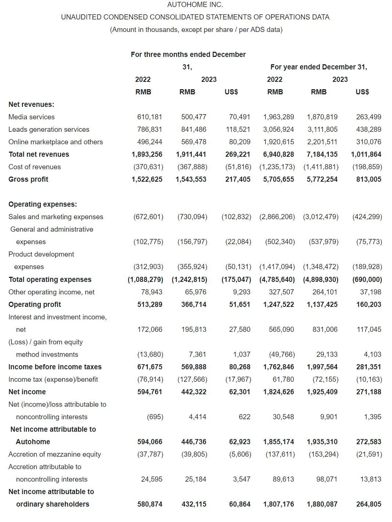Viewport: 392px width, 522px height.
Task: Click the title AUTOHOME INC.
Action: click(195, 5)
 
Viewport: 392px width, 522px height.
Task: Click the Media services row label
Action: click(32, 117)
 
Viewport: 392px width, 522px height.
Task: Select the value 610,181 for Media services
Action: click(150, 117)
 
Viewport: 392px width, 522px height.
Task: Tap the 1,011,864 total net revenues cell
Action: click(366, 154)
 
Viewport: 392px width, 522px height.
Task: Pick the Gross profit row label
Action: click(28, 179)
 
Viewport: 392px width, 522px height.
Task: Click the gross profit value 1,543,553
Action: click(191, 179)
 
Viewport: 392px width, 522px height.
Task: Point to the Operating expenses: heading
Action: click(43, 204)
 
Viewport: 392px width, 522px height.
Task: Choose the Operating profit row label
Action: click(35, 304)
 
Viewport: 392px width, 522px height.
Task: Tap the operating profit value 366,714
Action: click(194, 304)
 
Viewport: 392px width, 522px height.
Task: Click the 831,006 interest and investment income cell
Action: click(325, 329)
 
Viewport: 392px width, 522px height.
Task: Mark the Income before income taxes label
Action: click(55, 367)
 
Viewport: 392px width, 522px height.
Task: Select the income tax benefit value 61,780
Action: click(281, 379)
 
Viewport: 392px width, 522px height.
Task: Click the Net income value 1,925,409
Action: click(322, 392)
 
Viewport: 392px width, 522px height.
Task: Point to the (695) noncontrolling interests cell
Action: click(155, 417)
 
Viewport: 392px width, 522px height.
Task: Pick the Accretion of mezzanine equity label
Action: click(54, 454)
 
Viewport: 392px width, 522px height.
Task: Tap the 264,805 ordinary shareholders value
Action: click(368, 504)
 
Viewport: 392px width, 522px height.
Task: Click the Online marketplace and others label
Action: click(55, 142)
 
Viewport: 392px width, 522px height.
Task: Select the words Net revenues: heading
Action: click(31, 104)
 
